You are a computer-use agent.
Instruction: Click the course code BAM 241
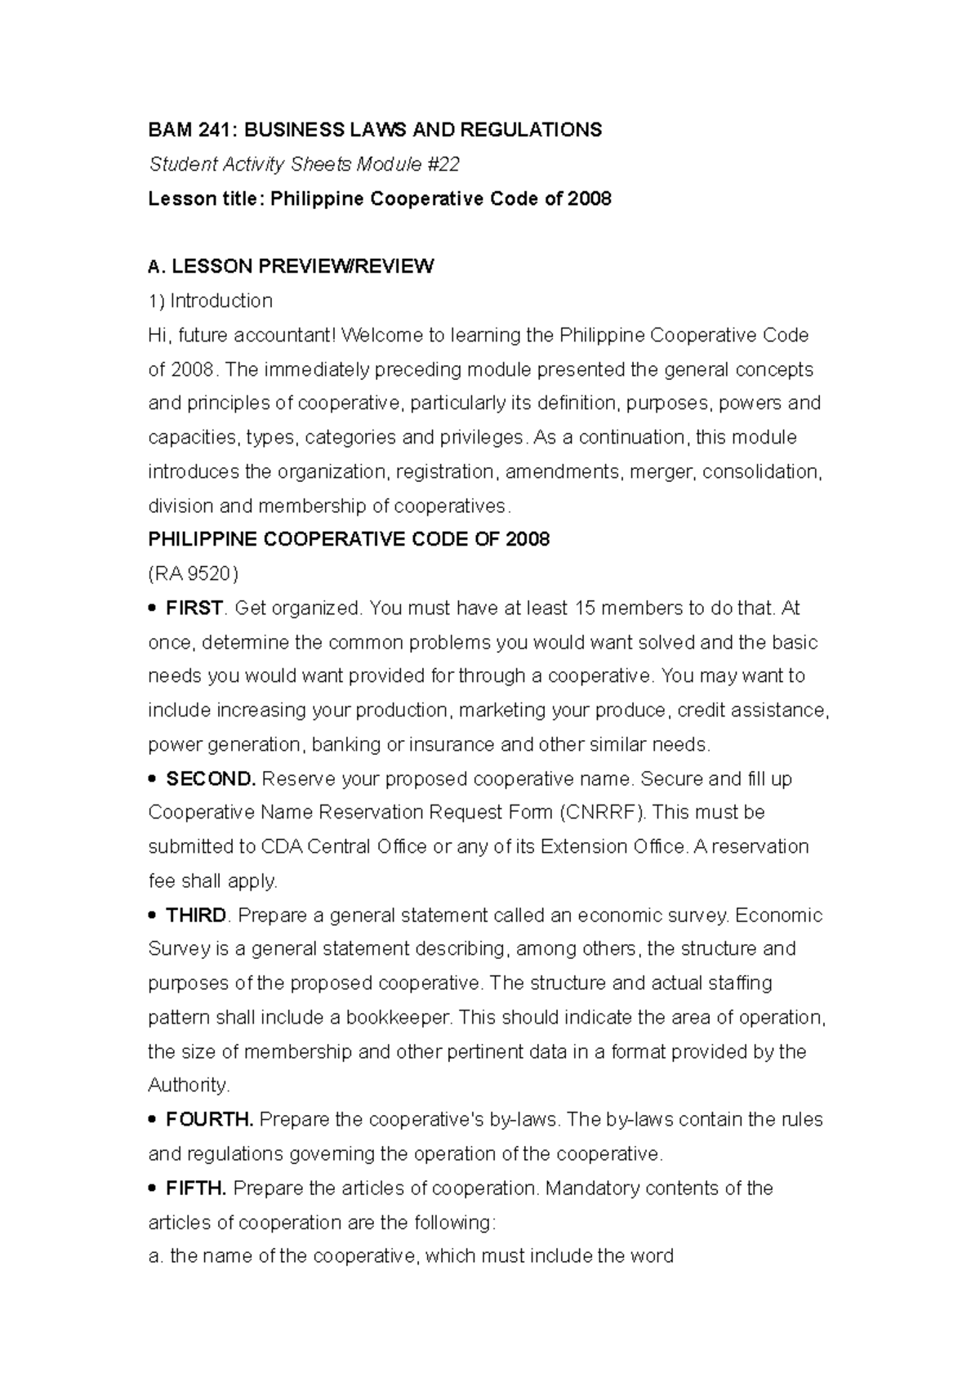(x=180, y=130)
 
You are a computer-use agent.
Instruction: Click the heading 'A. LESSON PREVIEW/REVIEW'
(x=291, y=266)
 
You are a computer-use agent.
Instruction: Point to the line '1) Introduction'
(x=210, y=301)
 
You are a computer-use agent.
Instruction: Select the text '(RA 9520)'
(x=193, y=574)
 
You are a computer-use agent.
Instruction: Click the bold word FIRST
(x=194, y=609)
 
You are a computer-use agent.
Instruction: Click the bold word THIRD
(x=196, y=916)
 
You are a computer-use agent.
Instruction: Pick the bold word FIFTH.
(x=195, y=1189)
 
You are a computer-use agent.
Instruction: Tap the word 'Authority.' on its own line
(x=189, y=1086)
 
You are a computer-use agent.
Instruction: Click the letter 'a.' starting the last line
(x=156, y=1257)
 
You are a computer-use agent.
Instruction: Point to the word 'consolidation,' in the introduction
(x=763, y=472)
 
